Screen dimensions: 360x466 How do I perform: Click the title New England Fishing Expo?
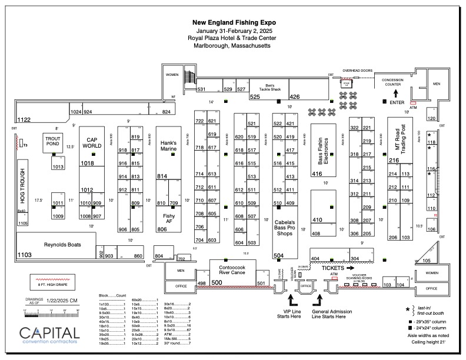pos(234,22)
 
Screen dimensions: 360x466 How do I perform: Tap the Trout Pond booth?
pos(53,141)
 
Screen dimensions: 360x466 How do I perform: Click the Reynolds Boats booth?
pos(62,245)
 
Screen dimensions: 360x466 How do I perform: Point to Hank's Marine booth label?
pos(169,146)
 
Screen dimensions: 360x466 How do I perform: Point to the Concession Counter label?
pos(395,82)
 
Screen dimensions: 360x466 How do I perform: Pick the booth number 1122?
pos(24,120)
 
